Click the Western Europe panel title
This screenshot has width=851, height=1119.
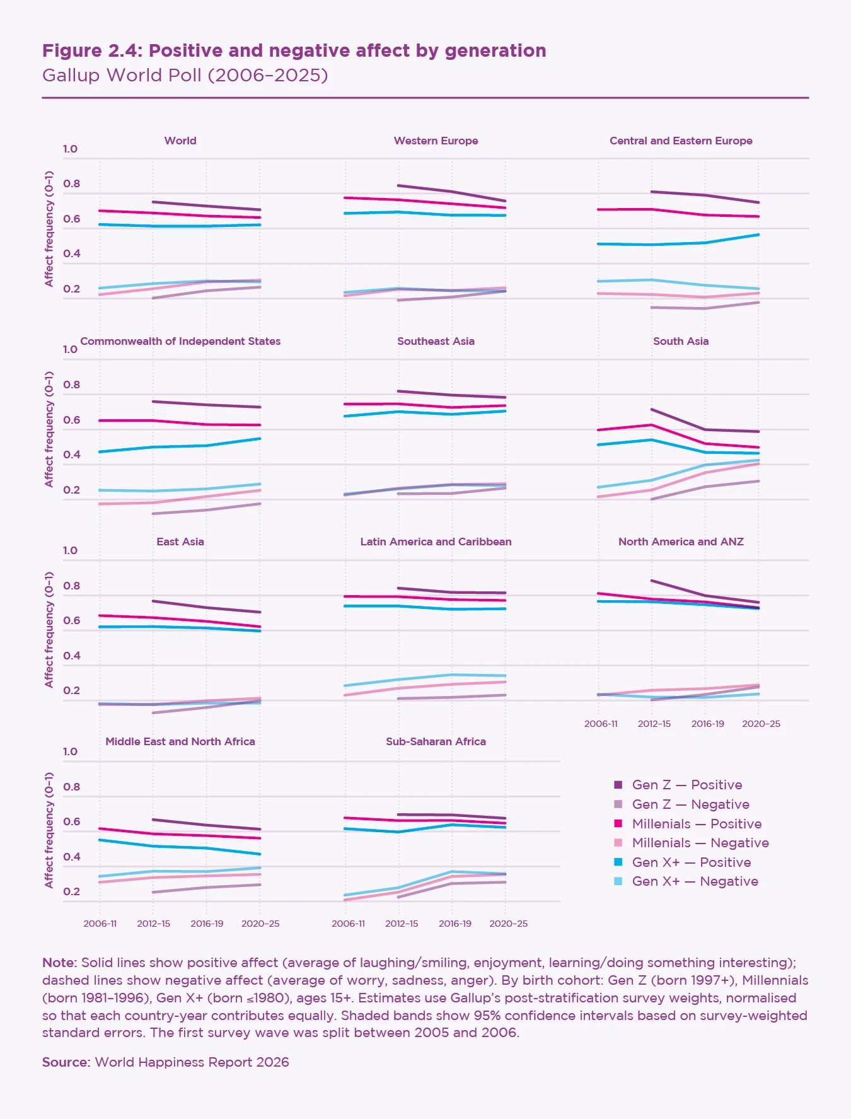click(436, 141)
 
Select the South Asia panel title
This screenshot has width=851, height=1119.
click(681, 341)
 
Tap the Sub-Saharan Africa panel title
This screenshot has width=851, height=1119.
click(436, 741)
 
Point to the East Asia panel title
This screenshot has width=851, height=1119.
click(180, 542)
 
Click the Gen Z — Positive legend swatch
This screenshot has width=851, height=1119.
click(618, 785)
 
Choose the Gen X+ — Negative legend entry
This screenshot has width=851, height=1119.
click(695, 881)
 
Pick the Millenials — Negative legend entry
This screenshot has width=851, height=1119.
click(700, 843)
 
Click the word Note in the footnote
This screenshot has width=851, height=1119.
click(59, 963)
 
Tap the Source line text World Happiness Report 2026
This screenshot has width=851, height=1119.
click(192, 1062)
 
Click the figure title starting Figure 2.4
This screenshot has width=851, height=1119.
click(294, 50)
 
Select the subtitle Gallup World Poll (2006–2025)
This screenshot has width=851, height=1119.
click(185, 75)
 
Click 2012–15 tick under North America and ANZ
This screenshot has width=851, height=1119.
click(654, 724)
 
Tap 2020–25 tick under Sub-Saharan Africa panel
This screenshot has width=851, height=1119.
click(508, 924)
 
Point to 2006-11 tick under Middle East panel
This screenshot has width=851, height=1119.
click(100, 924)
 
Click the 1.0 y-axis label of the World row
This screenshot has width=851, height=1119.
click(70, 149)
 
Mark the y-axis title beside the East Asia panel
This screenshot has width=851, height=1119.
click(49, 629)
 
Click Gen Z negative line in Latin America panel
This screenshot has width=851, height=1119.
click(451, 697)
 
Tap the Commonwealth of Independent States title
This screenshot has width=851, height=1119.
click(180, 341)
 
